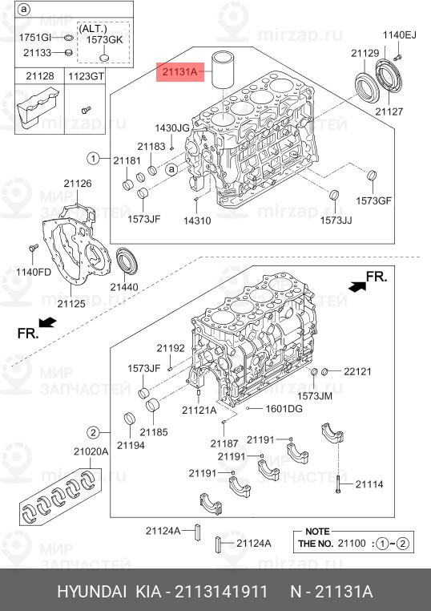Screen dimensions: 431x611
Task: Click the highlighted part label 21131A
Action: tap(180, 72)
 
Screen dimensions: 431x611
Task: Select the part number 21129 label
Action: tap(365, 54)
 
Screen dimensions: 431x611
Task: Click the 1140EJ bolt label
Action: tap(400, 35)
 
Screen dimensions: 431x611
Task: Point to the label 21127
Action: tap(389, 111)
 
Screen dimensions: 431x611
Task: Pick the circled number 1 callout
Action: tap(93, 159)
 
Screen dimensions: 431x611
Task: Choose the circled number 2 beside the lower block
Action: tap(93, 432)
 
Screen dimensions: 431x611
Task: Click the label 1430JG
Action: tap(172, 127)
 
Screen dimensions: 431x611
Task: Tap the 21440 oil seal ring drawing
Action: tap(127, 260)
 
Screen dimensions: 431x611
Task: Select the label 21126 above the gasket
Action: tap(78, 183)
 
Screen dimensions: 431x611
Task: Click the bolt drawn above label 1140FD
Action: tap(34, 248)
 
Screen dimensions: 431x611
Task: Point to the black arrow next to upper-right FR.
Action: tap(357, 287)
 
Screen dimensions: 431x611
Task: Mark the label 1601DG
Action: tap(284, 409)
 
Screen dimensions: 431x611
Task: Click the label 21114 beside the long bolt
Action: tap(369, 484)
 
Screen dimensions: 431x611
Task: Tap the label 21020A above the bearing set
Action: tap(91, 451)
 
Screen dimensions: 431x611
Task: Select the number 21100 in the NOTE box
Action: tap(352, 543)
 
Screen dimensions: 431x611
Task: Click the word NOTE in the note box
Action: tap(317, 532)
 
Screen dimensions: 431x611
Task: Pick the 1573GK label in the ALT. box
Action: tap(105, 40)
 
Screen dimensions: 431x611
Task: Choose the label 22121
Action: tap(357, 372)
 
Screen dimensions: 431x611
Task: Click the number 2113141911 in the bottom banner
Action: tap(221, 592)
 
